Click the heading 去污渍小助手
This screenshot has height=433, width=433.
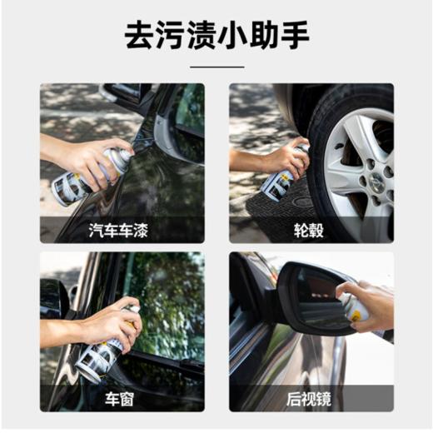pyautogui.click(x=216, y=36)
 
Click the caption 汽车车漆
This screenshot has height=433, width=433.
pyautogui.click(x=122, y=230)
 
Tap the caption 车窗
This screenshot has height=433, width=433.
pyautogui.click(x=122, y=398)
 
